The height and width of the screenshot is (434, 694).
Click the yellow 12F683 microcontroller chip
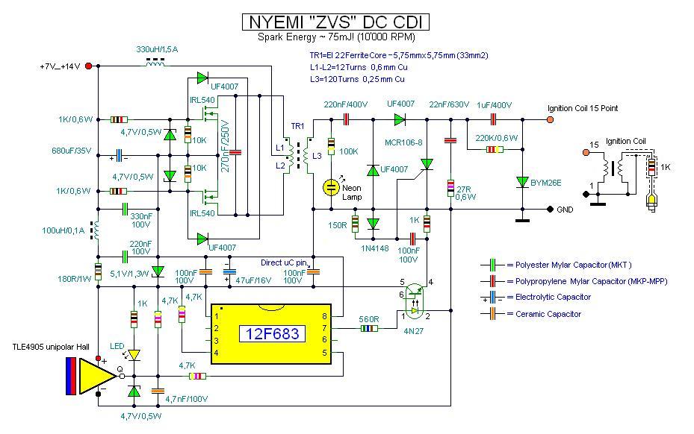pos(271,333)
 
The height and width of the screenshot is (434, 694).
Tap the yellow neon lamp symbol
pos(331,187)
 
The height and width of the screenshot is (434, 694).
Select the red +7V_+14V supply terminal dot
pos(88,66)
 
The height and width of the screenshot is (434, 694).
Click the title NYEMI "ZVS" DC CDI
pos(335,22)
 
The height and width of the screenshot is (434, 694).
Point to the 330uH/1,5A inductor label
pos(157,49)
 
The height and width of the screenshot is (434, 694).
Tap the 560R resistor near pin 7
pos(369,328)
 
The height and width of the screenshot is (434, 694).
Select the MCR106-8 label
pos(403,142)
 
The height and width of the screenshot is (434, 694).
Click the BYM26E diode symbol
pos(522,182)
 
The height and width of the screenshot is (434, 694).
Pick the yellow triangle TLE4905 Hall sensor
pos(97,376)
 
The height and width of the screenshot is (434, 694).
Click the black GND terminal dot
pos(550,209)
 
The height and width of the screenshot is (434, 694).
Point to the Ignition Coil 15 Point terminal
pos(550,119)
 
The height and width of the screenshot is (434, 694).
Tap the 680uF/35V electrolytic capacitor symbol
pos(119,156)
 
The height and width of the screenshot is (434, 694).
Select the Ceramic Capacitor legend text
pos(548,314)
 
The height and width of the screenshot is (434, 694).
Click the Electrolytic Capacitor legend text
pos(553,297)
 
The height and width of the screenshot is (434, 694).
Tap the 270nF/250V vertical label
pos(225,146)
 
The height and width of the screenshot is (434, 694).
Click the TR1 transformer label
pos(297,127)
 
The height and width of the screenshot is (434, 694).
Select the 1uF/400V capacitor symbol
pos(493,119)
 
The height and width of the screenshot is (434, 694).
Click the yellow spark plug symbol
pos(651,201)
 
